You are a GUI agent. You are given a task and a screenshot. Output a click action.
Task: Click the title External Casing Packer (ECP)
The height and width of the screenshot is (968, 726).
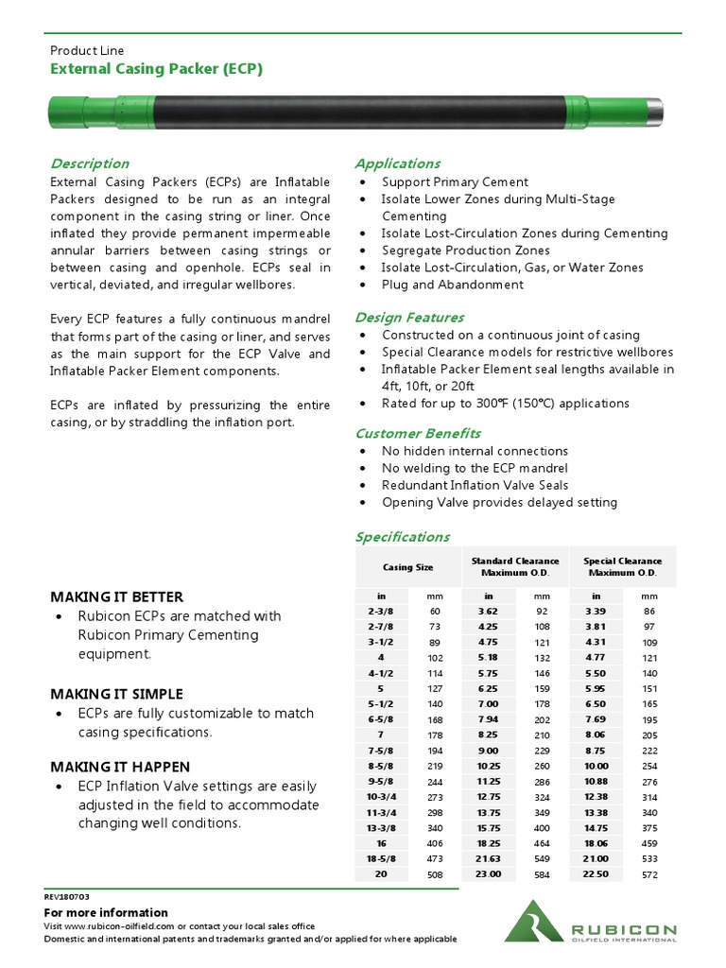(156, 69)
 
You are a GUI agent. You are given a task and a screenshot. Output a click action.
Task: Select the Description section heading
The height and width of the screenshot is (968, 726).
(89, 164)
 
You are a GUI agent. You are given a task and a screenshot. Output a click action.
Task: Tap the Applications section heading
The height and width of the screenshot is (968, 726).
(397, 164)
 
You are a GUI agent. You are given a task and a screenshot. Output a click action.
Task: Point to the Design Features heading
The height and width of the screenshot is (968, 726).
(409, 318)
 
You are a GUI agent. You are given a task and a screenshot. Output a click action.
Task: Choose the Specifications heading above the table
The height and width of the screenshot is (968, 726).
(402, 537)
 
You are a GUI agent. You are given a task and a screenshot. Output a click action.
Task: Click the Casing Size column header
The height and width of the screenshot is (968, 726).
(407, 567)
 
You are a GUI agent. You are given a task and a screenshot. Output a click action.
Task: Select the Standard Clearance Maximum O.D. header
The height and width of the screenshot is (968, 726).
(514, 567)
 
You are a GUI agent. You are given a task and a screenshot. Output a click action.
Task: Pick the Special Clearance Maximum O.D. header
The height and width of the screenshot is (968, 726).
(622, 567)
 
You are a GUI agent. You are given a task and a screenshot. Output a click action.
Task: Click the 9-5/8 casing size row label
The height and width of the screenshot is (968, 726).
(381, 783)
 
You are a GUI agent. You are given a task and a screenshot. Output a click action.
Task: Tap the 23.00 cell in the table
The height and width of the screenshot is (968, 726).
(489, 874)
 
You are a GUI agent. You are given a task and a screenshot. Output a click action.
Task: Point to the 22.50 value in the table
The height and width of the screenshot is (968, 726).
(596, 874)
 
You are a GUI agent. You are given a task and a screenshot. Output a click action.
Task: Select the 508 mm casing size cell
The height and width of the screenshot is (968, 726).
(435, 874)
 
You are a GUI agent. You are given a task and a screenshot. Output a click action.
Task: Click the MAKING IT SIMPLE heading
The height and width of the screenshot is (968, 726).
(116, 694)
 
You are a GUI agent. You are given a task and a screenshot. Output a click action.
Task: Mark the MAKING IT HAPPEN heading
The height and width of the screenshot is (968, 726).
(119, 767)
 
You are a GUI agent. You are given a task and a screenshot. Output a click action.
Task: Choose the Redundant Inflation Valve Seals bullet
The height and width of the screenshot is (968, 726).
(475, 485)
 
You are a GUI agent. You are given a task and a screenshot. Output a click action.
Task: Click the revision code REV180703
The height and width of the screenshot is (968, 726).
(67, 895)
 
